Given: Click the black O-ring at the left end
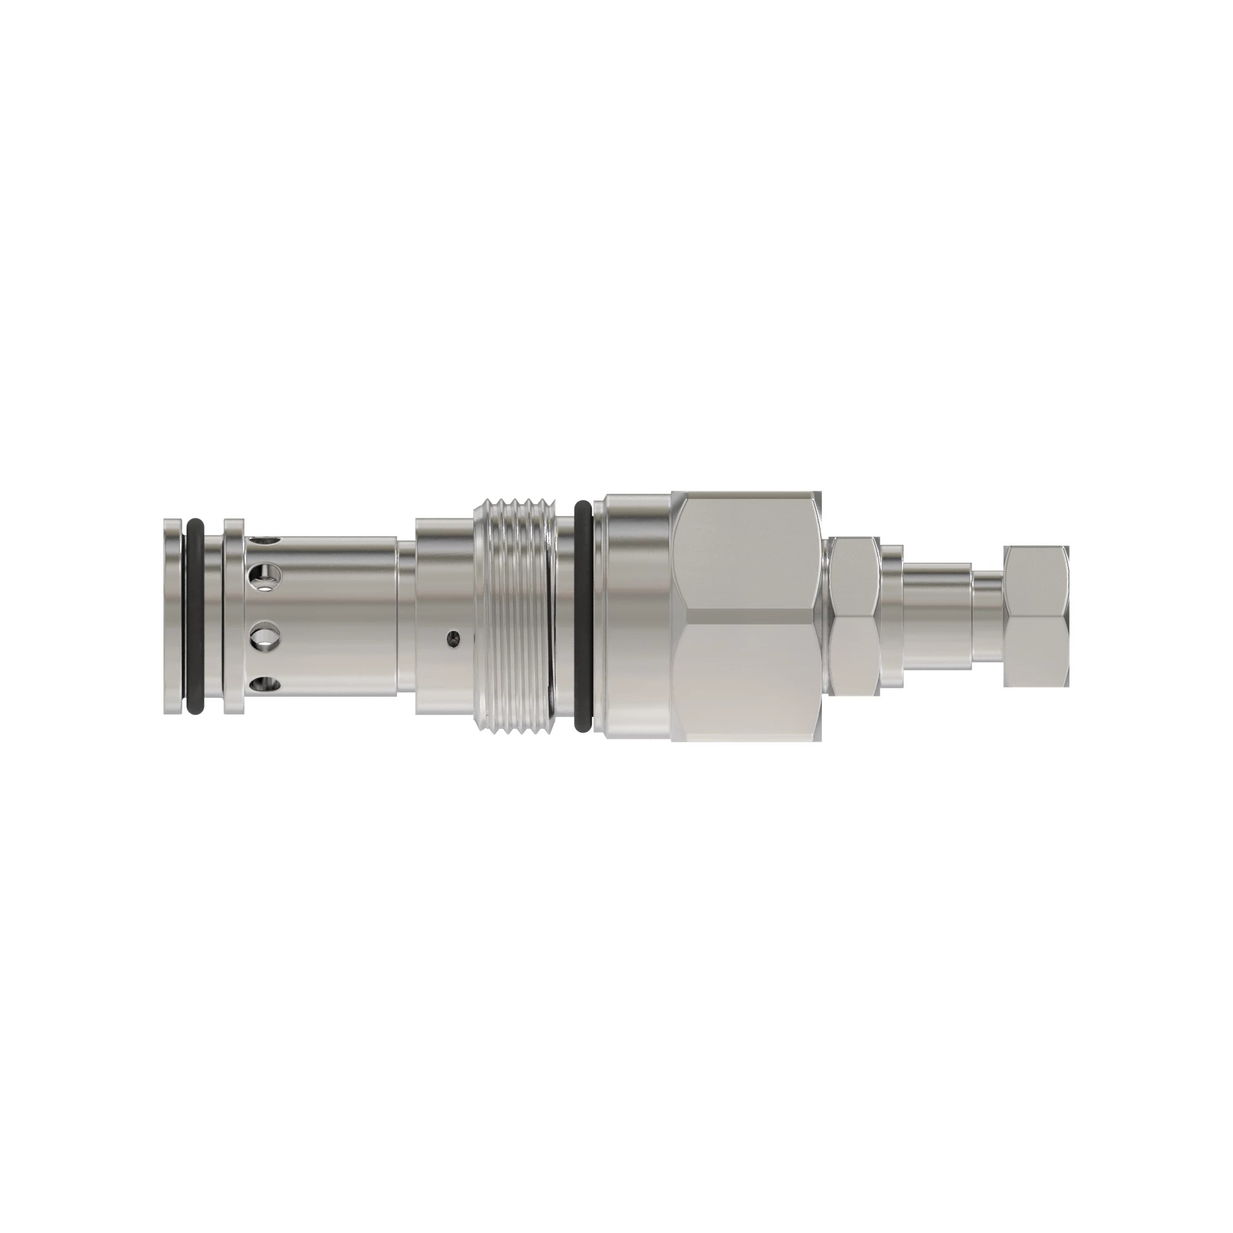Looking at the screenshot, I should tap(195, 616).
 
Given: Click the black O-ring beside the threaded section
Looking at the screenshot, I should tap(583, 616).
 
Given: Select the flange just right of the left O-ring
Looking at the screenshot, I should tap(234, 616).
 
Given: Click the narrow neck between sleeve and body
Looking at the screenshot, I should tap(406, 616).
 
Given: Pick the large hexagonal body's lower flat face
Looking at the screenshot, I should tap(747, 676).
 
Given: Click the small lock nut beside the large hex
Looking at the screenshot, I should tap(854, 616).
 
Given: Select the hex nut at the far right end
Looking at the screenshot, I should tap(1035, 616).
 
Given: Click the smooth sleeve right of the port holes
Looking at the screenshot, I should tap(345, 616).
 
